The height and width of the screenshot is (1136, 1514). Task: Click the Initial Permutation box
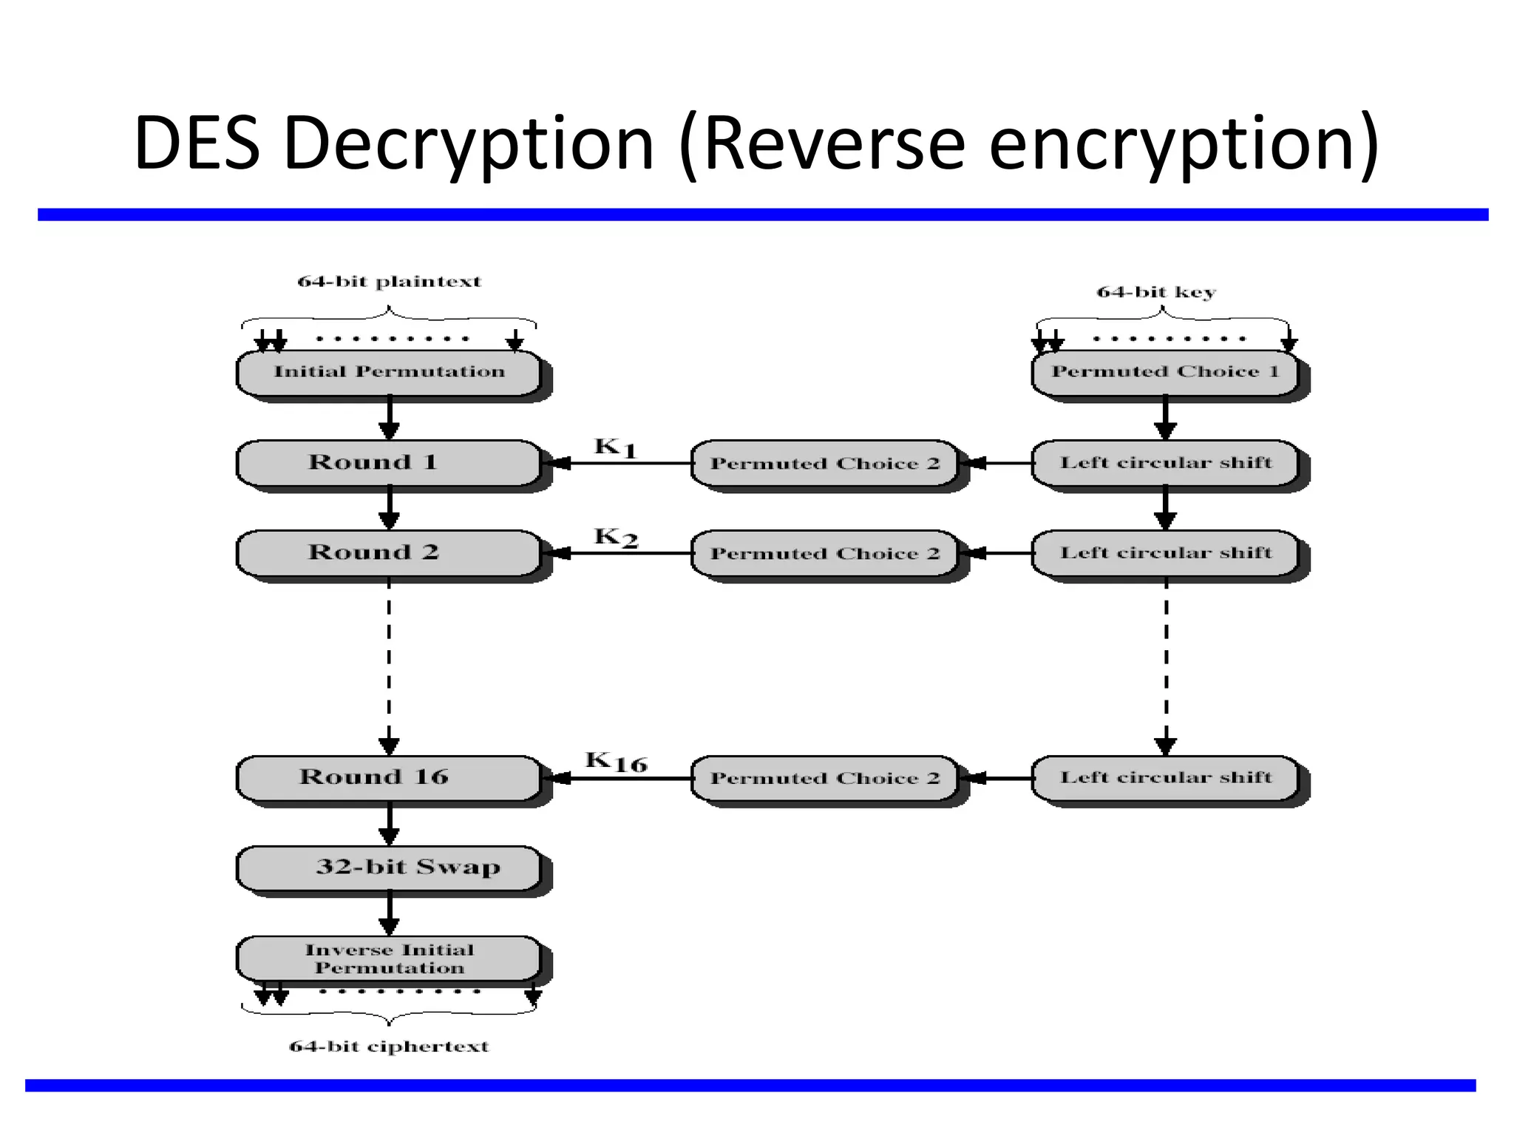[389, 372]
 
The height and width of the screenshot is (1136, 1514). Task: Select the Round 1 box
[389, 463]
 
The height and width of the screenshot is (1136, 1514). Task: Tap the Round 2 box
[389, 552]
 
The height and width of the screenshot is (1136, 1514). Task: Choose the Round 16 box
[389, 777]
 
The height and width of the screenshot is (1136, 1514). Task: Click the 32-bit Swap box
[389, 868]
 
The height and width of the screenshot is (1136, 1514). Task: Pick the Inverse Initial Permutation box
[389, 958]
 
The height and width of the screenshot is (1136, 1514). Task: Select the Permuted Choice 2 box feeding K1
[824, 464]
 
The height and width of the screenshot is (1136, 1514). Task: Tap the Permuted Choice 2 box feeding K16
[824, 778]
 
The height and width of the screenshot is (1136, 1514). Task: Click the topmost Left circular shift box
[1165, 463]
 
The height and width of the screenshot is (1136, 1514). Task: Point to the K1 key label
[615, 447]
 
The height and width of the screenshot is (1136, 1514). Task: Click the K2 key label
[615, 537]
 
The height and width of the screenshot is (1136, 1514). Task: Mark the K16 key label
[616, 762]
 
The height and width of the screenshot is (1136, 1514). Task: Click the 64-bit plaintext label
[389, 282]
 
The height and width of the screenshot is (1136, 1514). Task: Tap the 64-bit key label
[1156, 292]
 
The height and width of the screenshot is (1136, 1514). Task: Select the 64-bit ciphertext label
[389, 1047]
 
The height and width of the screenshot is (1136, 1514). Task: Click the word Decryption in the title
[469, 143]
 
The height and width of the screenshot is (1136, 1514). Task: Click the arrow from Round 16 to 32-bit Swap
[389, 825]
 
